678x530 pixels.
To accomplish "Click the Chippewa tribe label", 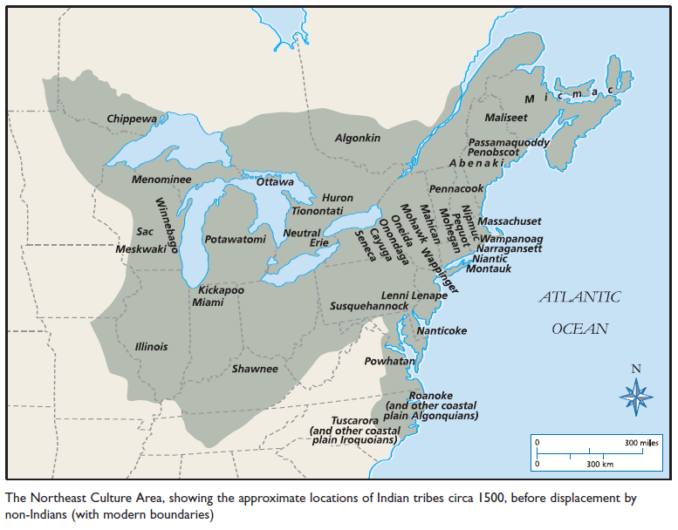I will (x=132, y=119).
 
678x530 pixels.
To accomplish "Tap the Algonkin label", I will (x=358, y=138).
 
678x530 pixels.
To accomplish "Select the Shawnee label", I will (x=255, y=369).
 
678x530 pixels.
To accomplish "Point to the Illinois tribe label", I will (x=151, y=346).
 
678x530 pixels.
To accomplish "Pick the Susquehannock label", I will (x=369, y=307).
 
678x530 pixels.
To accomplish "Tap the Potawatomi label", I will (x=235, y=239).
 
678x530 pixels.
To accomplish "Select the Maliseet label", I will (x=506, y=117).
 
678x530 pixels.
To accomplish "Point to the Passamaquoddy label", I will (x=509, y=141).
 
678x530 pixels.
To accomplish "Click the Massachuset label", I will (x=510, y=221).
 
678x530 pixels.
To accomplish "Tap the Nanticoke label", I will (x=442, y=330).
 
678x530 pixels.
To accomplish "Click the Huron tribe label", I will (x=338, y=198).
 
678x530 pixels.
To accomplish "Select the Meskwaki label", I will (x=141, y=248).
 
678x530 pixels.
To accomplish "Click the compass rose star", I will (x=636, y=398).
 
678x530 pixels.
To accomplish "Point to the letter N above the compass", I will (x=636, y=368).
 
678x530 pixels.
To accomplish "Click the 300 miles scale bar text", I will (x=642, y=444).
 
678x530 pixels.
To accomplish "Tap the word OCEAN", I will (x=579, y=330).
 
